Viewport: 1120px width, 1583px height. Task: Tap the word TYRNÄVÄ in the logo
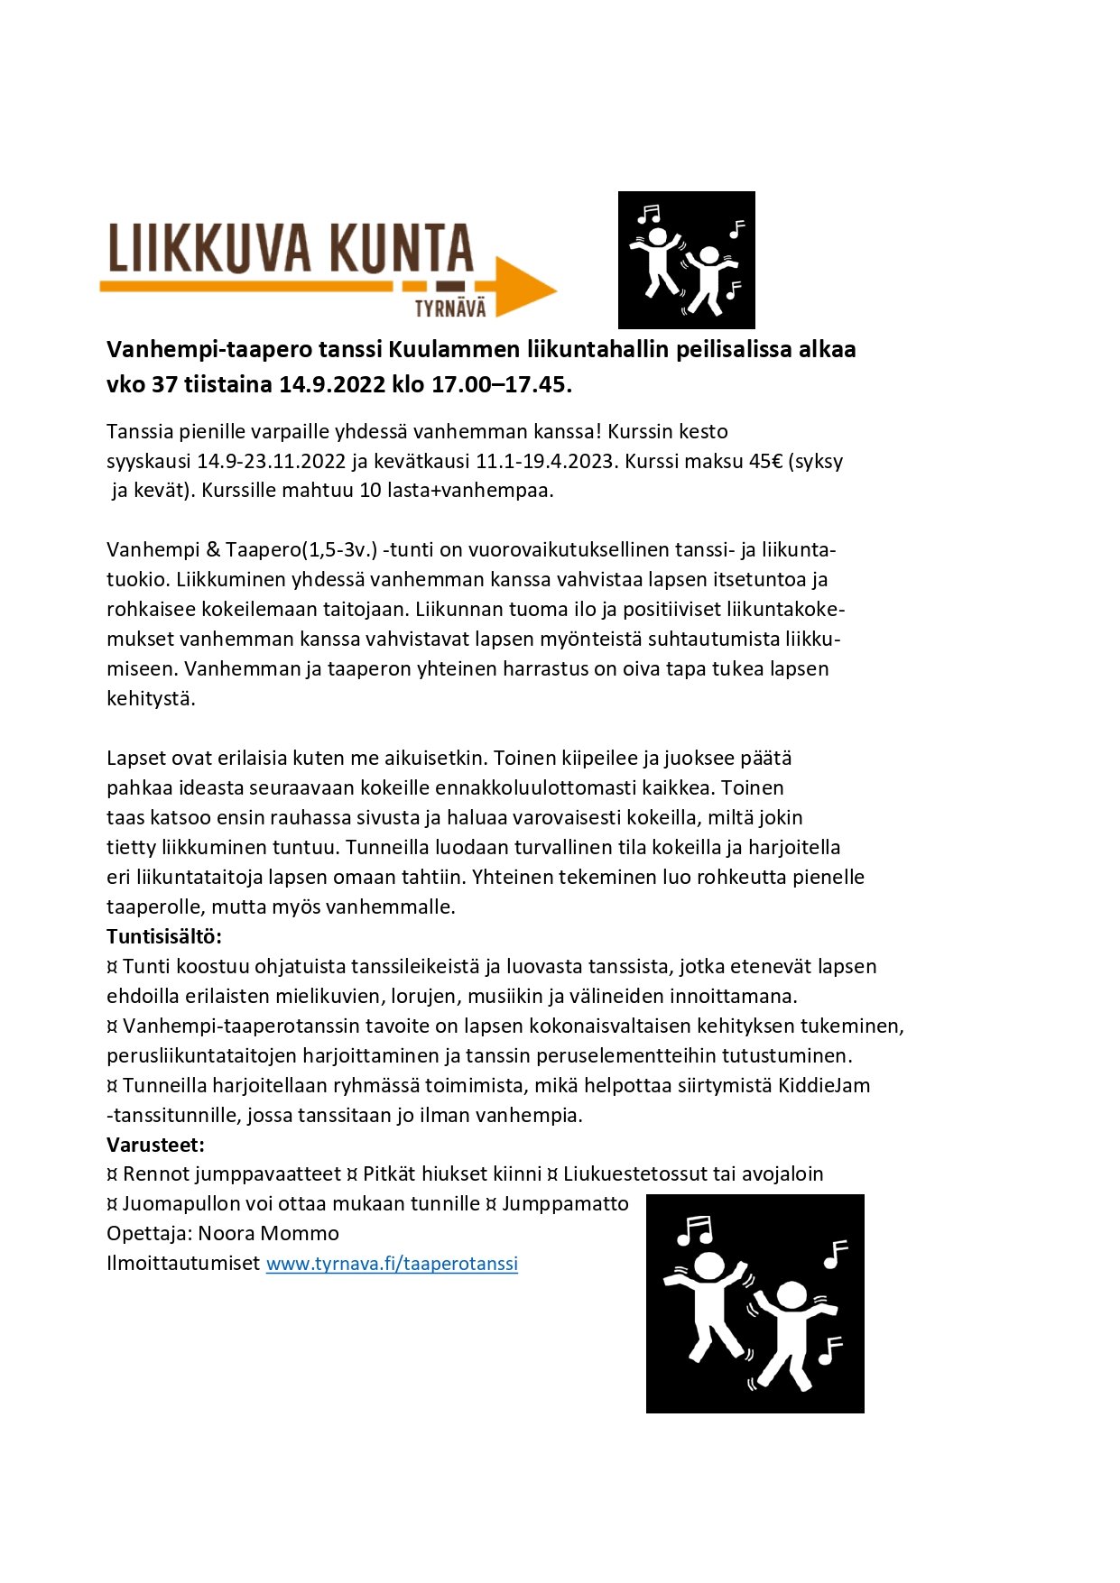click(449, 308)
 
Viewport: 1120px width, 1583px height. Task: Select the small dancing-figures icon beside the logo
click(686, 260)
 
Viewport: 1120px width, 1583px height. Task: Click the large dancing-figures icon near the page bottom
click(754, 1302)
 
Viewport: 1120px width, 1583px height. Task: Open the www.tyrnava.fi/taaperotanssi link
click(392, 1264)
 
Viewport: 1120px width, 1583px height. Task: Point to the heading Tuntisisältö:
click(163, 935)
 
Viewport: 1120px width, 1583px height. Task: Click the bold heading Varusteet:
click(155, 1145)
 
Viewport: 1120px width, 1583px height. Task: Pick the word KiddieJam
click(824, 1085)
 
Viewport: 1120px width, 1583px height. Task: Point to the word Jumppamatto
click(565, 1203)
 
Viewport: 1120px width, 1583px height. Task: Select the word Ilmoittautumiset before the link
click(183, 1264)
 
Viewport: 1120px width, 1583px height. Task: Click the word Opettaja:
click(149, 1234)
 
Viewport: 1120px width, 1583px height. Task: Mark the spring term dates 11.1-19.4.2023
click(546, 461)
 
